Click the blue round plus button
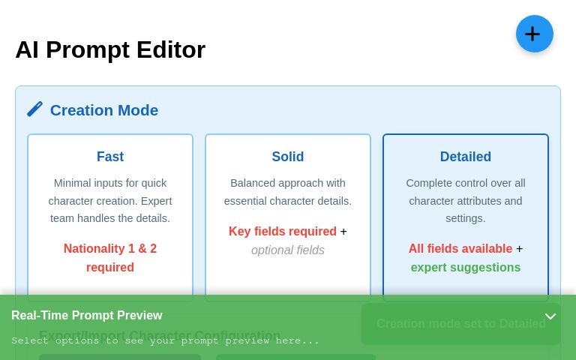tap(534, 34)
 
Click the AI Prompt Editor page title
tap(110, 49)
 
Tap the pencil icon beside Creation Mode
tap(34, 109)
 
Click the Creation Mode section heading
tap(103, 110)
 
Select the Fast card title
tap(110, 157)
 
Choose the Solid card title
tap(288, 157)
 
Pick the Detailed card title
tap(465, 157)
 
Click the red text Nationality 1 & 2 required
tap(110, 257)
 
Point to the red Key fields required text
tap(282, 231)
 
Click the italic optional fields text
tap(288, 250)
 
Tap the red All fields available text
tap(460, 248)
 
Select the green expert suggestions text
tap(465, 267)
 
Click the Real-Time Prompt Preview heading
tap(87, 315)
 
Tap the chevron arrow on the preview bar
tap(550, 316)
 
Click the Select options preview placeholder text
tap(165, 340)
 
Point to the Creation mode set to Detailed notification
tap(460, 323)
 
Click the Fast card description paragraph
tap(110, 200)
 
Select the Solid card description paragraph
tap(288, 192)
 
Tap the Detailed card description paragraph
tap(465, 200)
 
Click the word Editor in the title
tap(170, 49)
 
